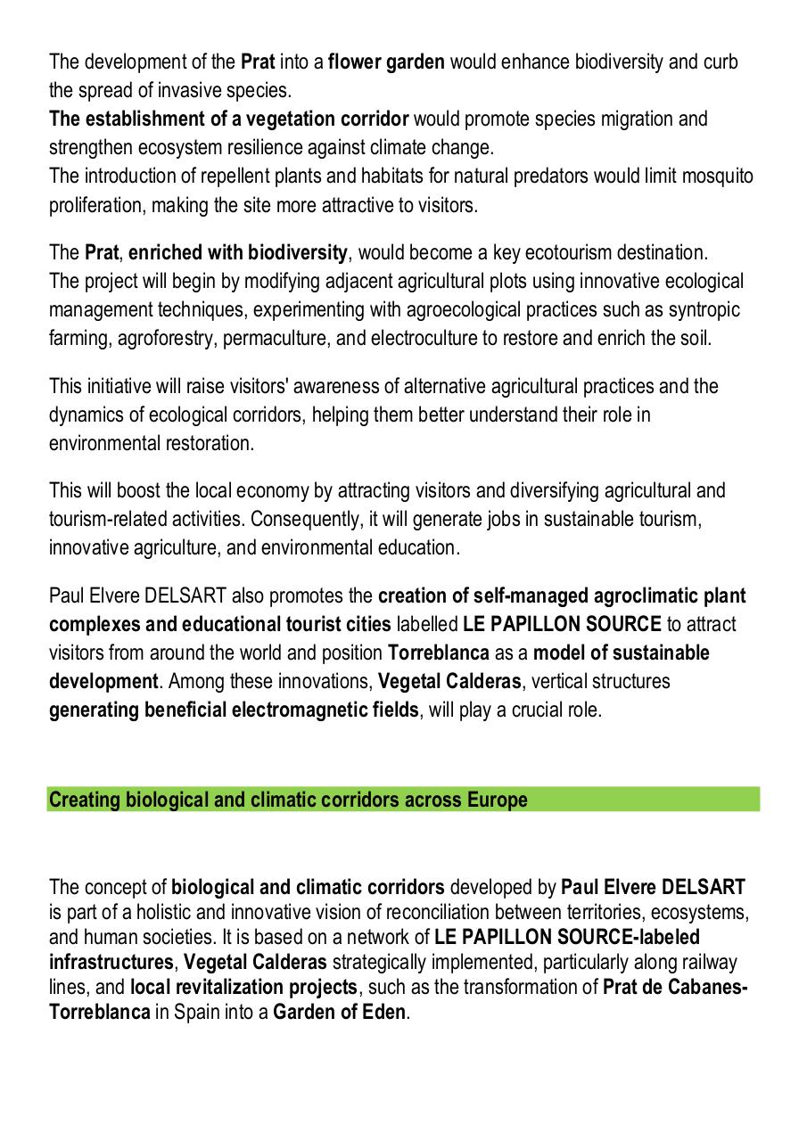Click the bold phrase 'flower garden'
click(x=386, y=62)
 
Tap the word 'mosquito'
click(x=718, y=176)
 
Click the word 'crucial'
click(x=539, y=710)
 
